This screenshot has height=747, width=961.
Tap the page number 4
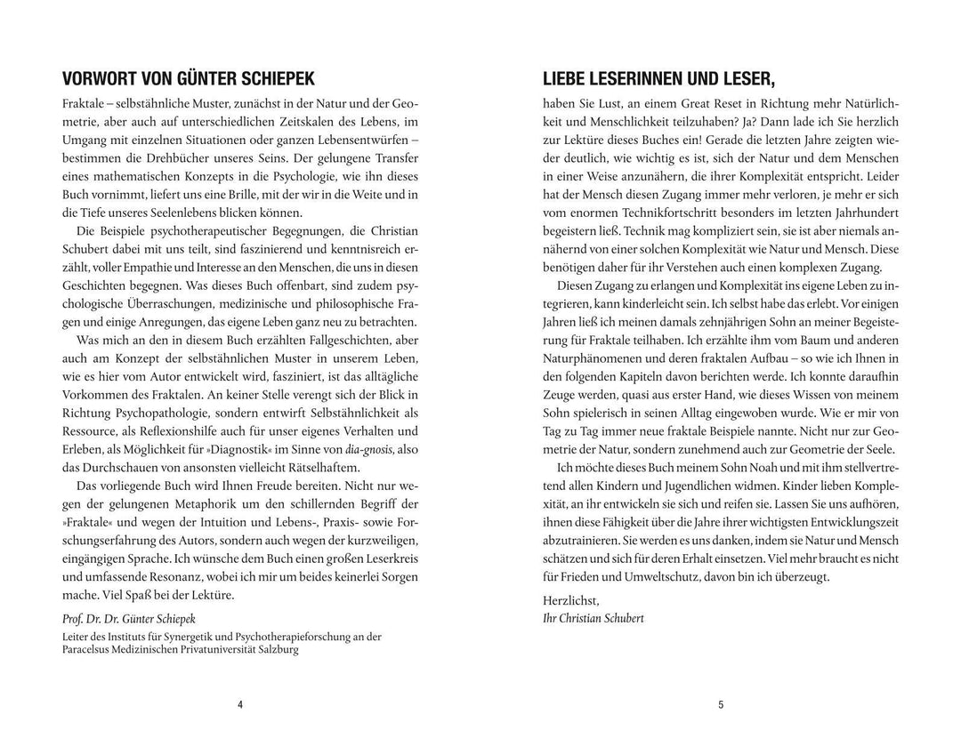(x=240, y=705)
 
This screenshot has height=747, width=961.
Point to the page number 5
(x=721, y=705)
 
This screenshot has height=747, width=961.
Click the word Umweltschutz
(x=653, y=576)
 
